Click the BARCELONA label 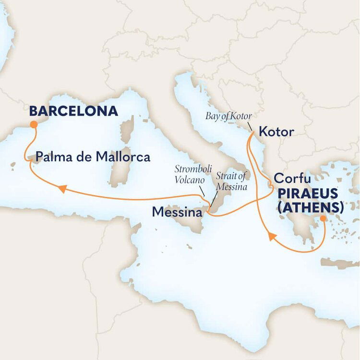(x=73, y=111)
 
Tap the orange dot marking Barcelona (x=34, y=124)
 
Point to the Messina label (x=177, y=211)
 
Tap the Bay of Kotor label (x=228, y=116)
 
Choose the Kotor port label (x=276, y=132)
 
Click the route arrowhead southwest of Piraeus (x=271, y=236)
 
